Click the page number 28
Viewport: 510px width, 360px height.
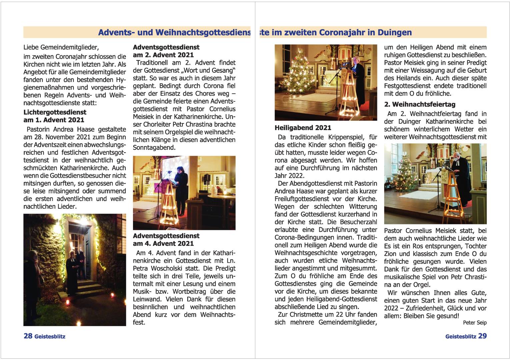[x=28, y=336]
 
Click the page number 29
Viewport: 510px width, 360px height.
[x=482, y=336]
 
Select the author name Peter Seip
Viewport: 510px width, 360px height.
[x=475, y=323]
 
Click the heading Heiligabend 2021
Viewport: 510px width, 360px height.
[x=303, y=128]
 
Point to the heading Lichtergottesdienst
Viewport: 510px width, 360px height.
[x=55, y=112]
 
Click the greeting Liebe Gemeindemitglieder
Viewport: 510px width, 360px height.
[x=61, y=47]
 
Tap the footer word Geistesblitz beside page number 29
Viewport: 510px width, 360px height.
[x=460, y=337]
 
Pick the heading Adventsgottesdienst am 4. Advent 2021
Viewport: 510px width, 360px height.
[x=166, y=240]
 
